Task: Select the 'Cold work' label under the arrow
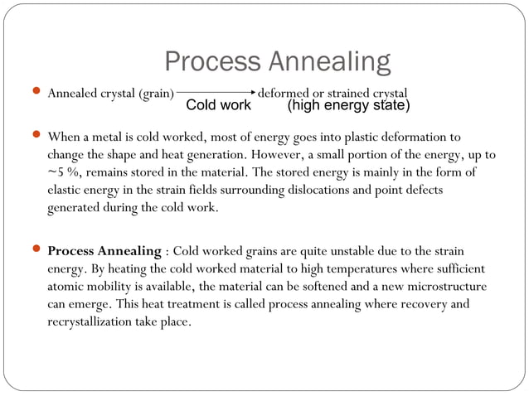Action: pyautogui.click(x=218, y=106)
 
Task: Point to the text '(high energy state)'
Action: pyautogui.click(x=348, y=106)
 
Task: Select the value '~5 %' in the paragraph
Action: pyautogui.click(x=63, y=172)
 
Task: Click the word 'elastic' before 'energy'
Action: pyautogui.click(x=66, y=190)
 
